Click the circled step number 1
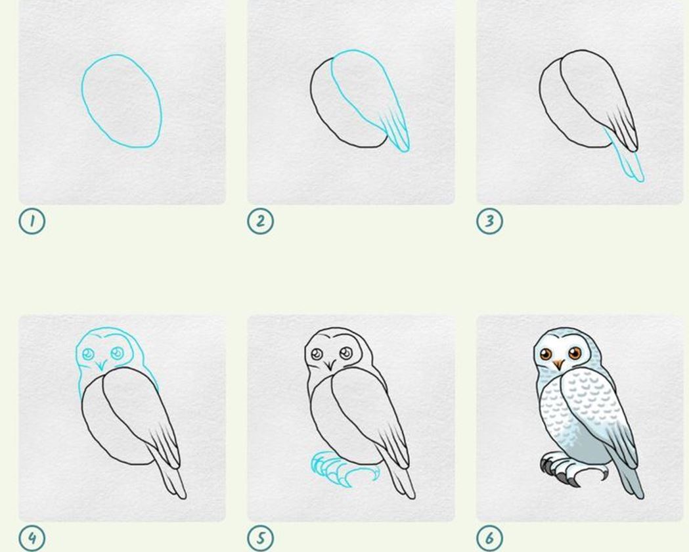coord(32,221)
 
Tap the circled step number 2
coord(261,221)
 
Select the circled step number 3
coord(489,221)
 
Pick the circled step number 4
coord(32,538)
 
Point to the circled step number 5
coord(261,538)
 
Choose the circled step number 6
coord(489,538)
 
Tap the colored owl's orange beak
coord(558,364)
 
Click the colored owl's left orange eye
coord(546,354)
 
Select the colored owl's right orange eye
coord(574,353)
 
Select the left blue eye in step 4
coord(88,354)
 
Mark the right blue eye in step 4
coord(118,352)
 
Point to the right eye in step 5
coord(346,352)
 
